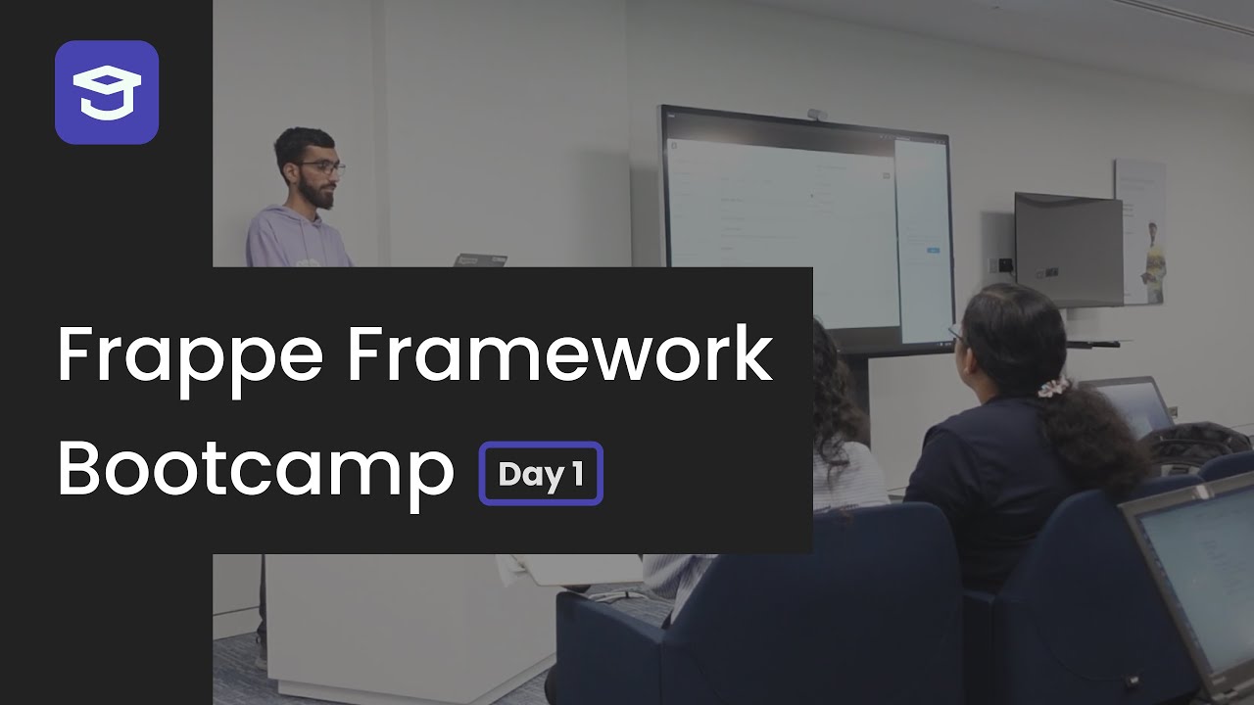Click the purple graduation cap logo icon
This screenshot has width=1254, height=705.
[107, 92]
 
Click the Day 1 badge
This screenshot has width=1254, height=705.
[541, 474]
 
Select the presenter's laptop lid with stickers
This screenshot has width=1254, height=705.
[480, 259]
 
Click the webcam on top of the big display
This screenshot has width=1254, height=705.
[816, 115]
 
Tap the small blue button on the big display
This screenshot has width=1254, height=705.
[933, 251]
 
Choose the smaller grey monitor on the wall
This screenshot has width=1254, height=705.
[1067, 250]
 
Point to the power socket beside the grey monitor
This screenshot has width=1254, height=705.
[1003, 265]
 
